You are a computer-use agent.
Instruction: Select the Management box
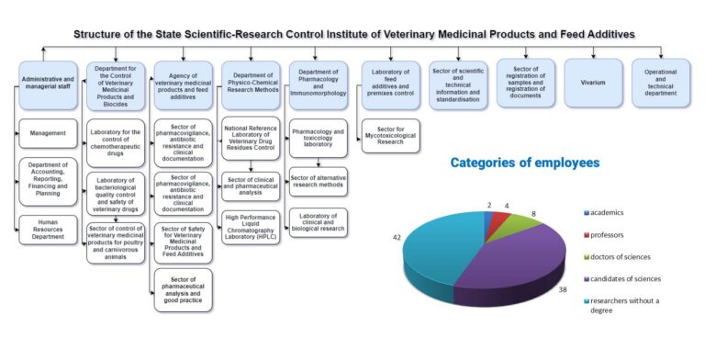48,134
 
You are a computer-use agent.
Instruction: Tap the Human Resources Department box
48,230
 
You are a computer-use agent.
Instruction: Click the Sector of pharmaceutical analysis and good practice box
183,287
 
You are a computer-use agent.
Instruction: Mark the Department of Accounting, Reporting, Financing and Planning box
48,181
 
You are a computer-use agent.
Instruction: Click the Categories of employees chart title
525,163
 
